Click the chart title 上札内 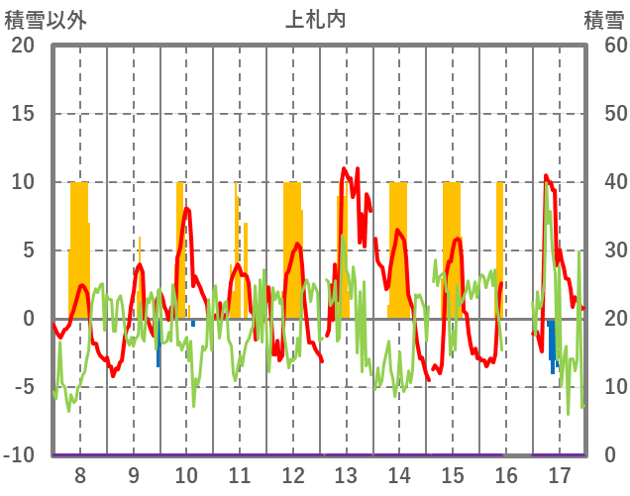pyautogui.click(x=315, y=18)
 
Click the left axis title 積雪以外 pyautogui.click(x=43, y=18)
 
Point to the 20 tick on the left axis pyautogui.click(x=23, y=46)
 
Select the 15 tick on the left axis pyautogui.click(x=23, y=114)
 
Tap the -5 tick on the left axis pyautogui.click(x=23, y=387)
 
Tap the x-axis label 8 pyautogui.click(x=79, y=473)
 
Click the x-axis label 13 pyautogui.click(x=346, y=473)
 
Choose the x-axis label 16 pyautogui.click(x=505, y=473)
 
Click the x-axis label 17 pyautogui.click(x=559, y=473)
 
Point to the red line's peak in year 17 pyautogui.click(x=546, y=176)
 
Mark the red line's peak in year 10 pyautogui.click(x=186, y=208)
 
